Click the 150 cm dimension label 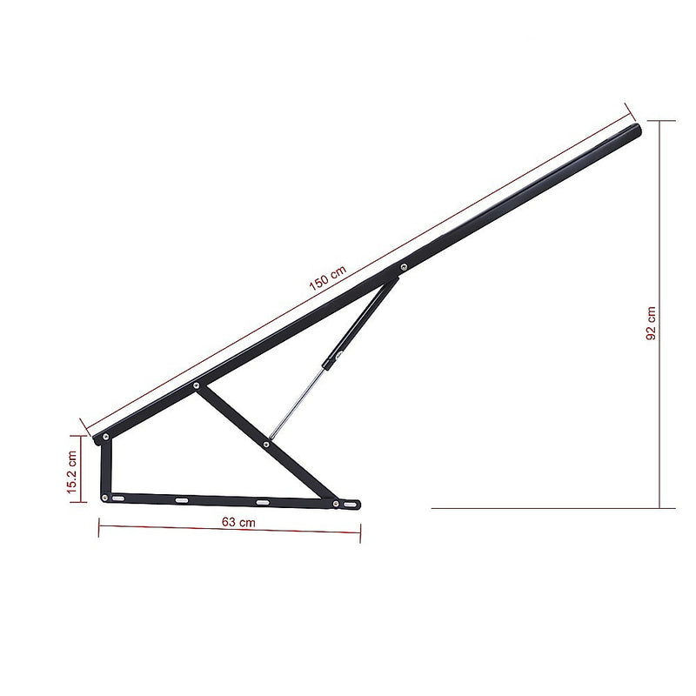click(x=327, y=277)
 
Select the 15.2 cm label click(x=72, y=471)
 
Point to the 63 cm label click(x=238, y=523)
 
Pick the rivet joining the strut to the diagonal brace click(x=265, y=445)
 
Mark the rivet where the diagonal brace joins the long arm click(x=197, y=385)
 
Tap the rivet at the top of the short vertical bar click(x=106, y=437)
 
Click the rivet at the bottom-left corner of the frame click(x=105, y=497)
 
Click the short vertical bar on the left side click(x=106, y=467)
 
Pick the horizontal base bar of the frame click(x=217, y=499)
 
